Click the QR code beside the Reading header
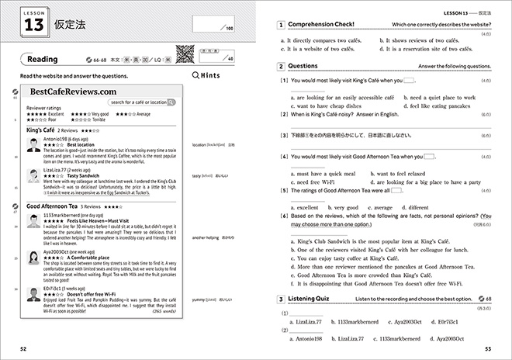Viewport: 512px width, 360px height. tap(184, 55)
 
